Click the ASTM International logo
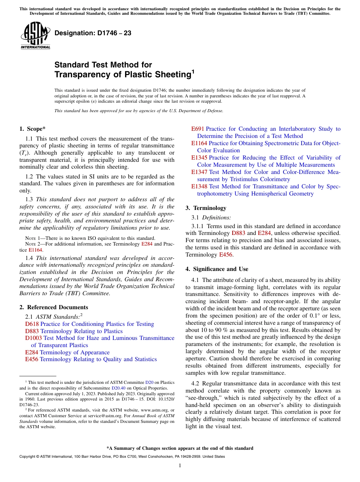pos(35,36)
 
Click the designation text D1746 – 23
pos(93,33)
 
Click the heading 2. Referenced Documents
pos(54,307)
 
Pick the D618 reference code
pos(32,324)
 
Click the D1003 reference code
pos(33,338)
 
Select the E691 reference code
pos(197,129)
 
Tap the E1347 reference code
pos(199,172)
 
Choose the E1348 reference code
pos(199,186)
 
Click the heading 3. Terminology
pos(206,208)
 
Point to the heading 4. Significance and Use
pos(217,269)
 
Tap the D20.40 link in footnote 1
pos(117,388)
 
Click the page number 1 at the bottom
pos(180,466)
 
